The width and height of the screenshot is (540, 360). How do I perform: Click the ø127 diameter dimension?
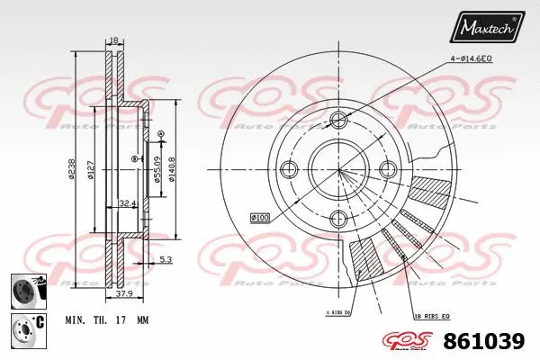[x=92, y=168]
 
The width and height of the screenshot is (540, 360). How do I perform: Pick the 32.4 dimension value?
[x=127, y=204]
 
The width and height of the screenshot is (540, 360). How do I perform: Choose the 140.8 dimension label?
[x=171, y=167]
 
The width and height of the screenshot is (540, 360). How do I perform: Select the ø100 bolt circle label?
[x=260, y=217]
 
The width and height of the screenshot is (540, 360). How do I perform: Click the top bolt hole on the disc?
[x=338, y=121]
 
